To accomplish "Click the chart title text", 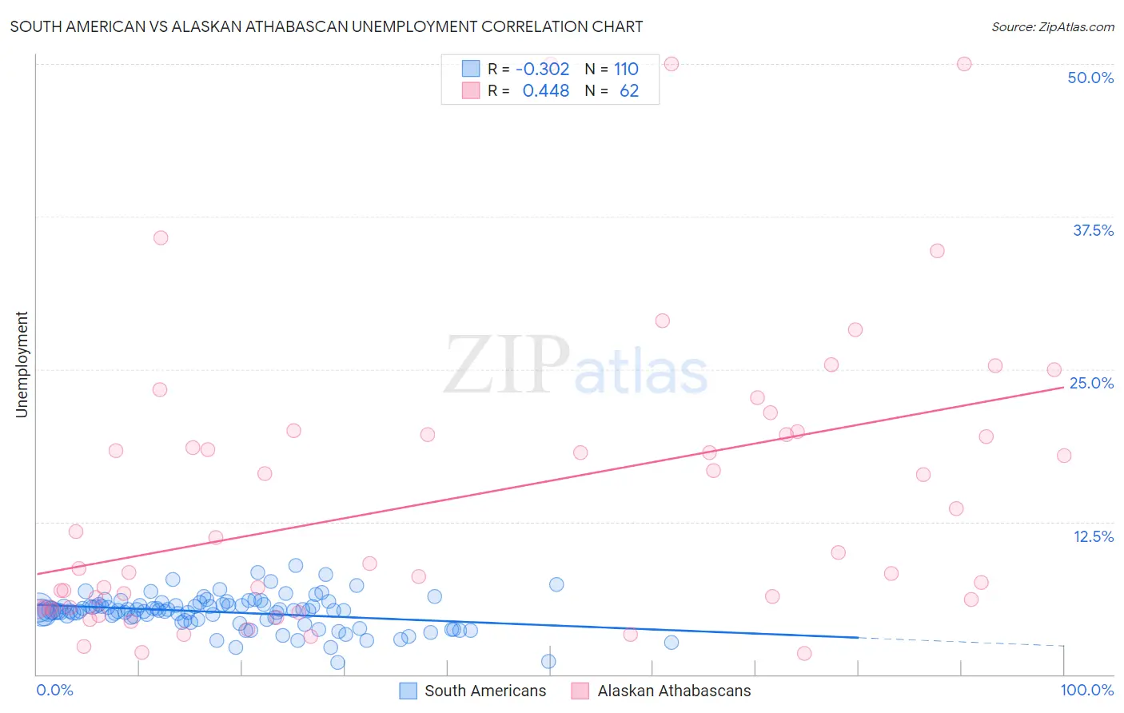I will point(326,26).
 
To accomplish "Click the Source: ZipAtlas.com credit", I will point(1052,26).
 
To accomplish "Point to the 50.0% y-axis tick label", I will point(1090,78).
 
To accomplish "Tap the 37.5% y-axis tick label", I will point(1093,230).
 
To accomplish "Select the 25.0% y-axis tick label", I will point(1091,383).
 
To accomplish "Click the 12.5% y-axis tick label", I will point(1093,536).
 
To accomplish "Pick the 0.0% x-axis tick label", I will point(54,690).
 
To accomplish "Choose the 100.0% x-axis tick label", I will point(1086,690).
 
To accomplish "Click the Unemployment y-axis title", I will point(22,364).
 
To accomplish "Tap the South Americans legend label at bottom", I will point(485,691).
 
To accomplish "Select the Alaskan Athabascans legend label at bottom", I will point(674,691).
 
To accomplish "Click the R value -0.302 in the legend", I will point(542,69).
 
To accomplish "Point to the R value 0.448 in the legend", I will point(545,90).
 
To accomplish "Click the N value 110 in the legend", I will point(626,69).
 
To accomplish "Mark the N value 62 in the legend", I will point(629,90).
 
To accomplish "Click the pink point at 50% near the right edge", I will point(964,64).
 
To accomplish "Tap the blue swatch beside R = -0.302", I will point(471,69).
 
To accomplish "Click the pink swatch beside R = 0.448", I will point(471,90).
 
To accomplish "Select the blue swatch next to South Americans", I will point(408,691).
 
